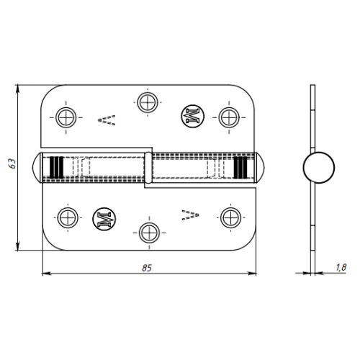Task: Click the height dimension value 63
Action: (12, 163)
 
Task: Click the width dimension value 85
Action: (147, 268)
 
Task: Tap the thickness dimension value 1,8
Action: (341, 267)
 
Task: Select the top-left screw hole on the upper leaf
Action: (66, 117)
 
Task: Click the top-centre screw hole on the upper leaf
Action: (148, 102)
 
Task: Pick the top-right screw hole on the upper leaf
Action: (229, 117)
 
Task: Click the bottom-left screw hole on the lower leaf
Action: (68, 217)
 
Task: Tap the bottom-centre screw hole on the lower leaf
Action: (149, 233)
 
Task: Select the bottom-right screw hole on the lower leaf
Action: (231, 217)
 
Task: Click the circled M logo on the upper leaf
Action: (192, 116)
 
